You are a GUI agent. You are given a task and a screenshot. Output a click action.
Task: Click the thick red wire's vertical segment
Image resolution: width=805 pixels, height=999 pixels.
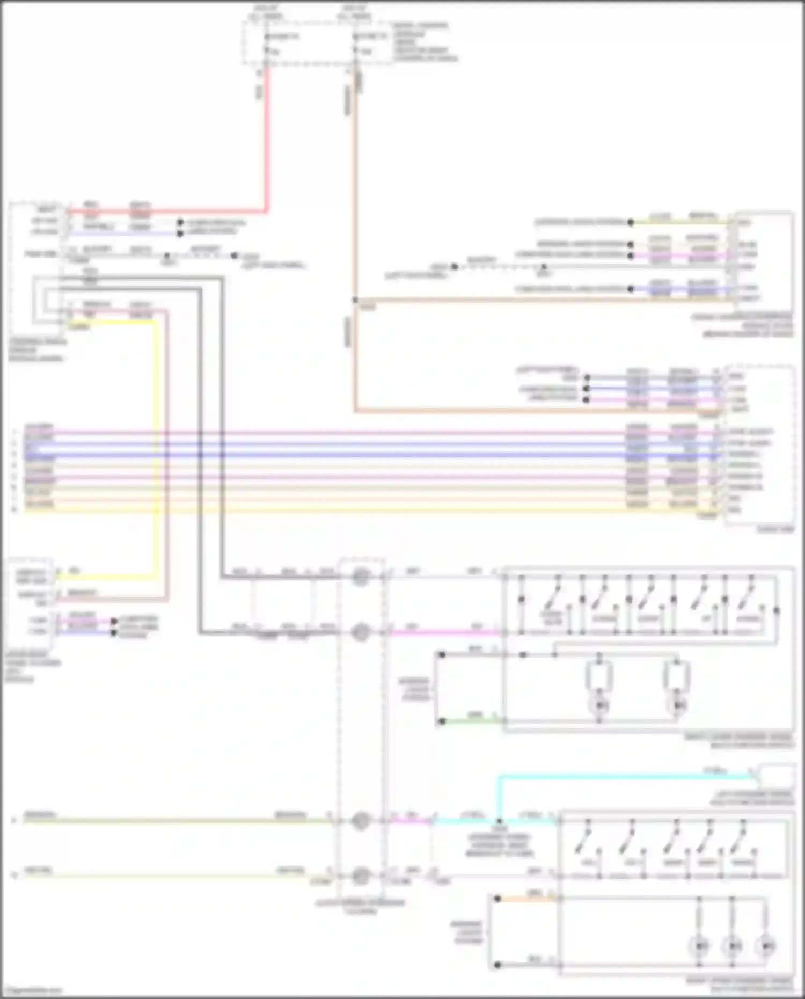[x=266, y=140]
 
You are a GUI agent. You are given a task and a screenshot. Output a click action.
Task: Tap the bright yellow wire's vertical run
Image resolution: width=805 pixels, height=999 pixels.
[x=157, y=446]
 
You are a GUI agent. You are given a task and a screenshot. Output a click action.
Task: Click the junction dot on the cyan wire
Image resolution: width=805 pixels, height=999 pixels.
[x=500, y=821]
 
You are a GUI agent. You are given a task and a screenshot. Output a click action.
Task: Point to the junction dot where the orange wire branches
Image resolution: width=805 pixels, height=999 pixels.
[x=355, y=300]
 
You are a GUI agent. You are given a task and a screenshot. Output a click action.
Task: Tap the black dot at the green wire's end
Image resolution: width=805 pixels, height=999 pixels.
[x=442, y=721]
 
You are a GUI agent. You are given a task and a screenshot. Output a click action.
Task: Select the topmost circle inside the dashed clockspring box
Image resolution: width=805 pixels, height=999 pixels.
[x=361, y=577]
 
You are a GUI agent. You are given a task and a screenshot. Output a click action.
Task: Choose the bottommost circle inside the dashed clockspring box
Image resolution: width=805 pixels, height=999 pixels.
[x=361, y=876]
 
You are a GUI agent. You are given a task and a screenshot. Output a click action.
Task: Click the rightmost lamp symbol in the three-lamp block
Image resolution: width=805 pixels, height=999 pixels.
[x=766, y=945]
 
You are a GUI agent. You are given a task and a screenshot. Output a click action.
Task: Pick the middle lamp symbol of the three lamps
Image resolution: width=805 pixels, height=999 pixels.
[x=733, y=945]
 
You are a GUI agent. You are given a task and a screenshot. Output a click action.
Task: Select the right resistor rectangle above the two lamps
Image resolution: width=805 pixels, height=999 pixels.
[x=677, y=676]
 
